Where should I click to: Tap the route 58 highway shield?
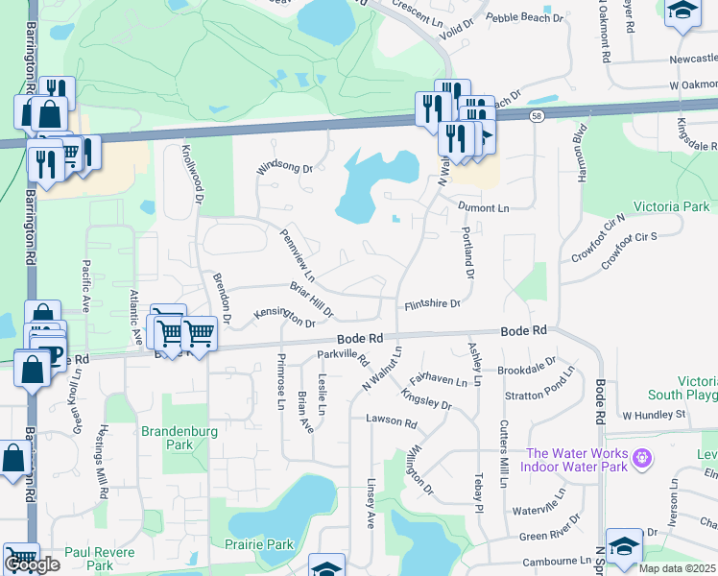(x=536, y=116)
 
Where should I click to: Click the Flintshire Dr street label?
(x=432, y=304)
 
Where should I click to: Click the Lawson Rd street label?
(x=392, y=421)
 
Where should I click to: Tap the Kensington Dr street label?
(x=284, y=317)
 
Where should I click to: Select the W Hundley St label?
(x=656, y=415)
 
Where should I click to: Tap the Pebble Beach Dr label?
(x=523, y=18)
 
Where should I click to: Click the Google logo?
(x=32, y=564)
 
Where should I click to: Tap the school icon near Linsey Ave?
(x=326, y=568)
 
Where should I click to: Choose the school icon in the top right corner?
(x=683, y=12)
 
